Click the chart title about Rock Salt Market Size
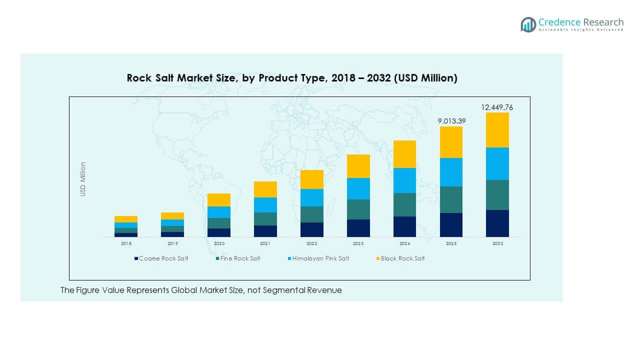tap(291, 78)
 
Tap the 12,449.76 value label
tap(497, 107)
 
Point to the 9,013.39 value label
tap(451, 121)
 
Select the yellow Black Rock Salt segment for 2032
tap(497, 130)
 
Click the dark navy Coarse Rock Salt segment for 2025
tap(451, 224)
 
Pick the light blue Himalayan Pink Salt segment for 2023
tap(358, 188)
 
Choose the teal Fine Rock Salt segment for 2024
tap(404, 204)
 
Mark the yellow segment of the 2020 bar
tap(219, 200)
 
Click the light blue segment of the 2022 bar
tap(311, 197)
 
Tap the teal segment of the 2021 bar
tap(265, 219)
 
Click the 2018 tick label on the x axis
tap(126, 243)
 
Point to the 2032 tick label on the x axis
tap(497, 243)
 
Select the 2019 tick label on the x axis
tap(172, 243)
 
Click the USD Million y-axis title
tap(83, 179)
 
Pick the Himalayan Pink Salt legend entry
tap(320, 258)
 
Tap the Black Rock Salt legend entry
tap(402, 258)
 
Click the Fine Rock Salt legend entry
tap(240, 258)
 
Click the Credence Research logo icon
tap(528, 24)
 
